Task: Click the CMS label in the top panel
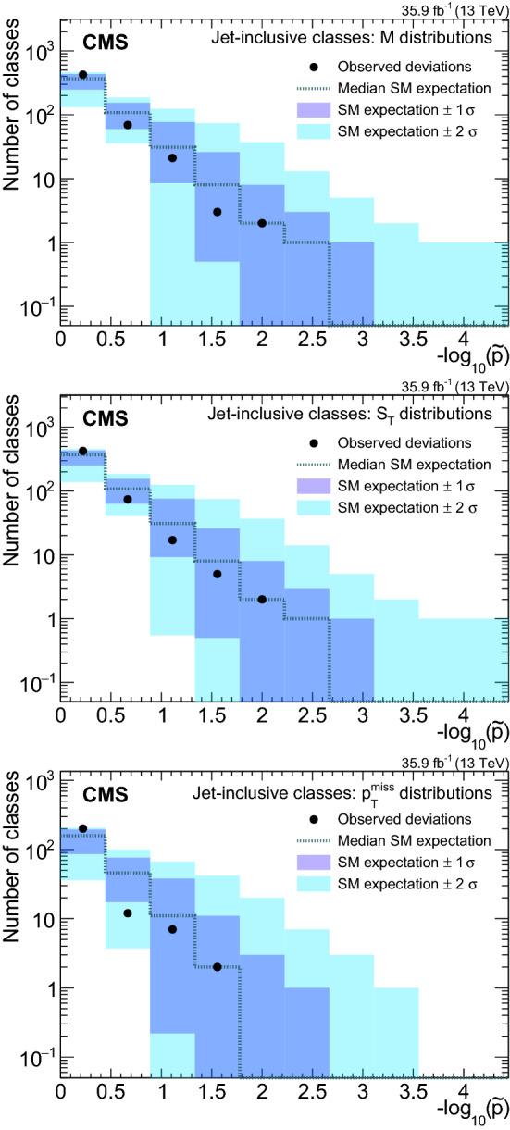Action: [101, 42]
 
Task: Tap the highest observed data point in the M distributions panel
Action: [82, 75]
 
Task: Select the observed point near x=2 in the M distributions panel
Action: [262, 223]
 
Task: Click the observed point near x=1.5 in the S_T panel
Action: [217, 574]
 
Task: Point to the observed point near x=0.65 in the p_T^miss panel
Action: [128, 913]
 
